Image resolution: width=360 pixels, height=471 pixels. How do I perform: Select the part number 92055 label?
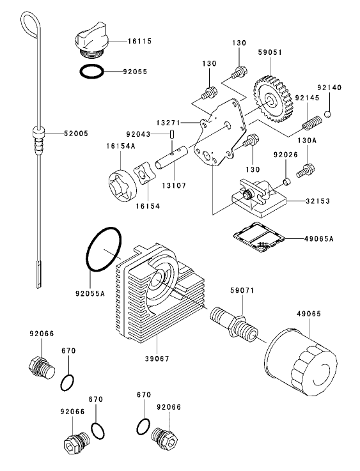(136, 72)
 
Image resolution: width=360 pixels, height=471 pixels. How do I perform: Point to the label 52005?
(76, 134)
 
